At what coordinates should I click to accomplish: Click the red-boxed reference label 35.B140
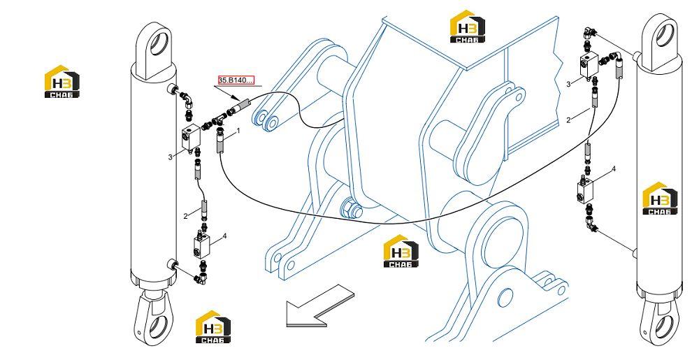coord(236,80)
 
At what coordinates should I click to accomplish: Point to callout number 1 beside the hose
coord(238,131)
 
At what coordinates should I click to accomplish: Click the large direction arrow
coord(319,305)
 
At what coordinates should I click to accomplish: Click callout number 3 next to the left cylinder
coord(170,157)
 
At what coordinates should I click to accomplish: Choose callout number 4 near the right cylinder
coord(614,169)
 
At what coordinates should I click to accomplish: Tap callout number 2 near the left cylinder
coord(185,217)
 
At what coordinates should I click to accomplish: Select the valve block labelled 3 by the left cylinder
coord(191,138)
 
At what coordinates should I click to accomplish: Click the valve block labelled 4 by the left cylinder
coord(203,247)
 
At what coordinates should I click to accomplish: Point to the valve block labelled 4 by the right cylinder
coord(586,189)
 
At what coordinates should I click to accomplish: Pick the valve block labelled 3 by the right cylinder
coord(589,64)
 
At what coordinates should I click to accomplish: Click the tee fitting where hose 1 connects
coord(220,120)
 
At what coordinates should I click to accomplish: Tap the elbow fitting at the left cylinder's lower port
coord(199,278)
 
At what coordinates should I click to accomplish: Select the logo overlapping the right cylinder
coord(660,199)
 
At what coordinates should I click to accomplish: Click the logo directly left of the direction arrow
coord(213,326)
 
